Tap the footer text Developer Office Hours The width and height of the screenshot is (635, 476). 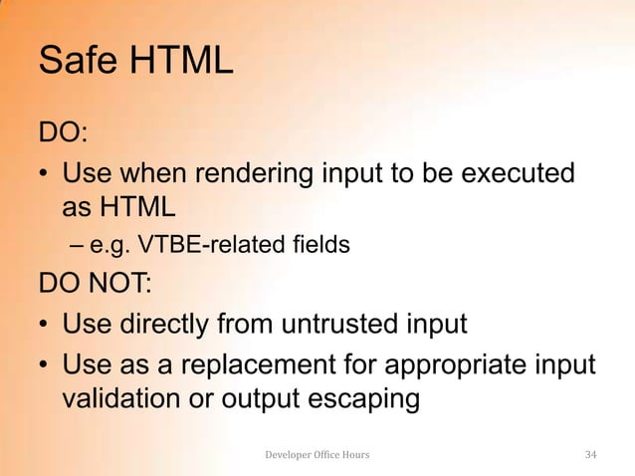tap(317, 455)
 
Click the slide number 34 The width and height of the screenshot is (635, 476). tap(590, 455)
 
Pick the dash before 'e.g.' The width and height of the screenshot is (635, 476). tap(78, 243)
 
